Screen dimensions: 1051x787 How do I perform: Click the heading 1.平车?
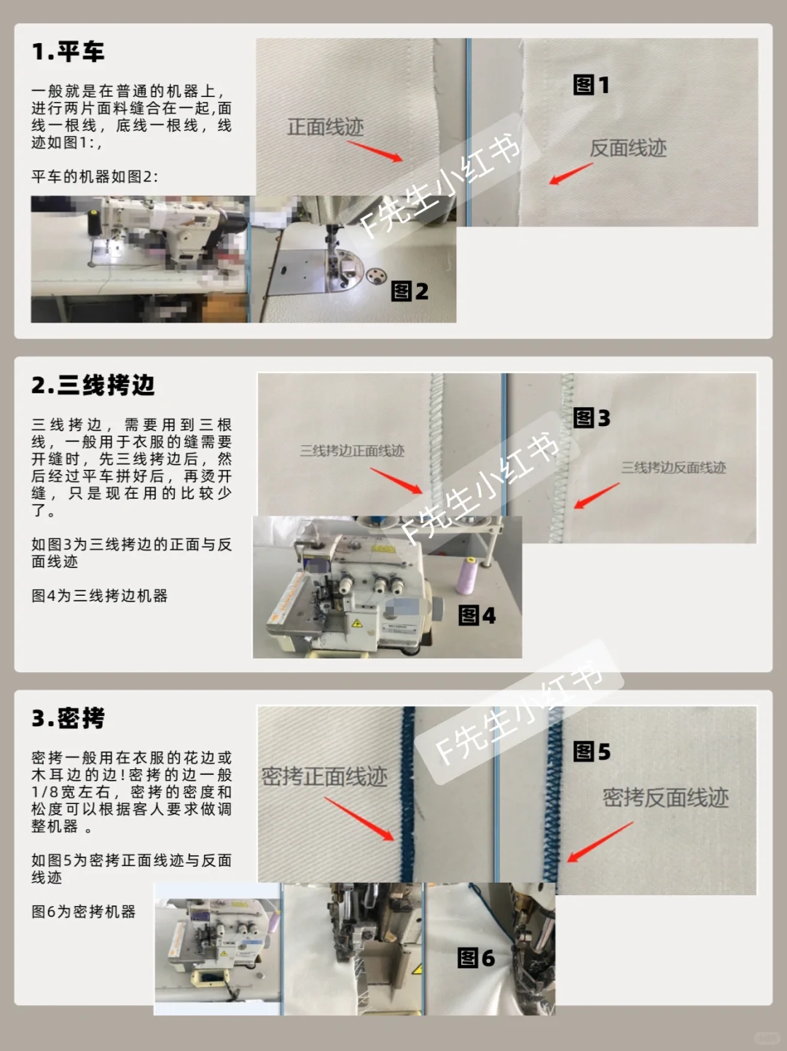coord(68,52)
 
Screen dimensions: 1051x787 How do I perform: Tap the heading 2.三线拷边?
coord(93,385)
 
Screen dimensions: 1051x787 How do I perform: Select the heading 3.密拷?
coord(68,719)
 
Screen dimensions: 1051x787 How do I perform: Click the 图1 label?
coord(591,85)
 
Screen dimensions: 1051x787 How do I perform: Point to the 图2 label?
coord(410,291)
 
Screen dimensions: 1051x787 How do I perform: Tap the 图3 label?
coord(591,418)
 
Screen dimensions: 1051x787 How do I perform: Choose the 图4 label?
coord(477,615)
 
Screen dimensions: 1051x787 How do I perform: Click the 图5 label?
coord(591,752)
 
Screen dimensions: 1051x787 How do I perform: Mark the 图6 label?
coord(476,958)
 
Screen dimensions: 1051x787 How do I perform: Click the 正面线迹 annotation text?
coord(325,127)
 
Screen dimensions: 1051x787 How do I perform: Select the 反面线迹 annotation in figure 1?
coord(627,149)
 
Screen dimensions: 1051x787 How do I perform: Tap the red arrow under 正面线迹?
coord(375,151)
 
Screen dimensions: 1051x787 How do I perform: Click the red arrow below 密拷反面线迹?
coord(600,843)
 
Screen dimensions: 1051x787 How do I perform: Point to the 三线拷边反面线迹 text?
coord(673,468)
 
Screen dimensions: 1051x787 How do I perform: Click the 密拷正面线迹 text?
coord(324,777)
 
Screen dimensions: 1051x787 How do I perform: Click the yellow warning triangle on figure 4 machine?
coord(357,623)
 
